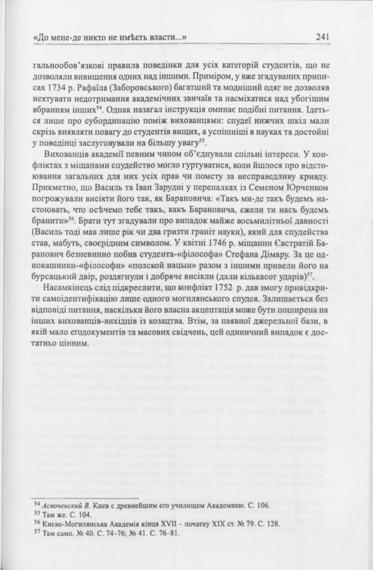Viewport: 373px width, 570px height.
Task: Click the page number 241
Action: [x=322, y=37]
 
